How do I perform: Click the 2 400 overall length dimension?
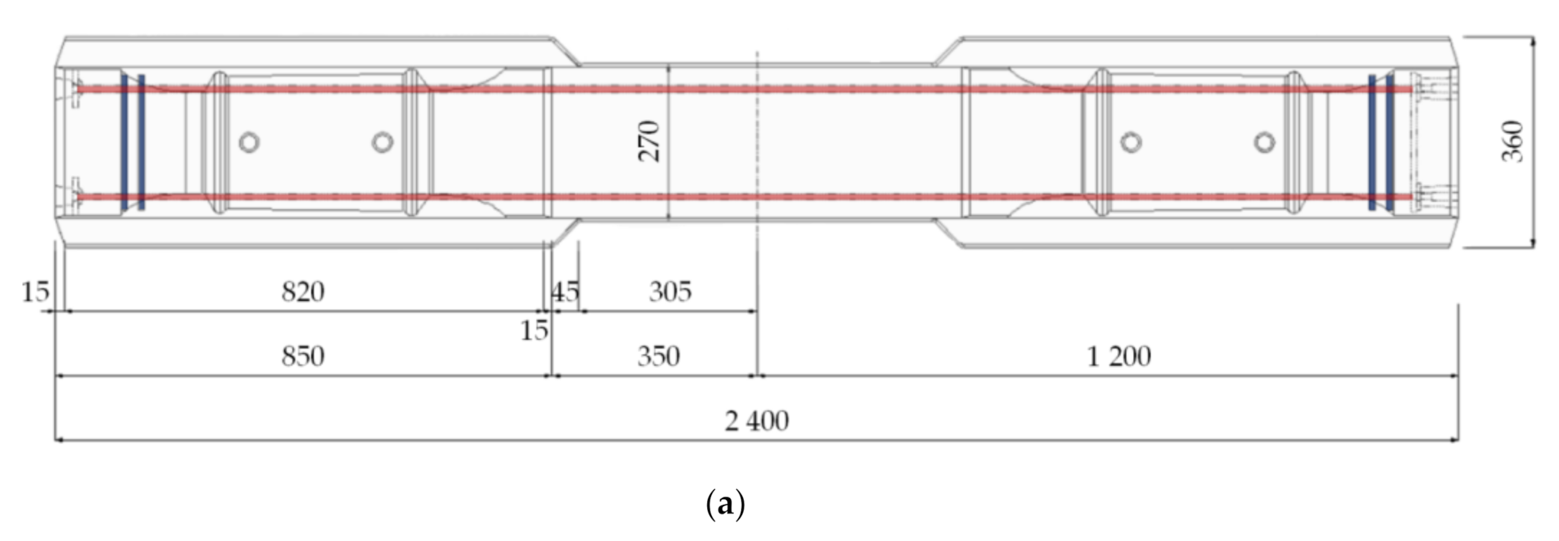(756, 421)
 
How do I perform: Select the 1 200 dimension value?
(1119, 357)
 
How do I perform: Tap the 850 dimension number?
(303, 357)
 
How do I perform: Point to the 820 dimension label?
(303, 292)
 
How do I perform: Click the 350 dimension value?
(659, 357)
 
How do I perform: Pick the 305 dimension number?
(670, 292)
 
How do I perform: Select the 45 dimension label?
(565, 292)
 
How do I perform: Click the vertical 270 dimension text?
(649, 141)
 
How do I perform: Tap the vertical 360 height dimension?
(1512, 141)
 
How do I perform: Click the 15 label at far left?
(35, 292)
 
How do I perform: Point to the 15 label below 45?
(534, 331)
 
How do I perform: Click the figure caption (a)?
(725, 504)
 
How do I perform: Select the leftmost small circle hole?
(249, 143)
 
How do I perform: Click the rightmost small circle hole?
(1265, 143)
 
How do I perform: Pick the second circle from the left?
(382, 143)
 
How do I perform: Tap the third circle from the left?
(1131, 143)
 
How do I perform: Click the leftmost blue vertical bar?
(125, 142)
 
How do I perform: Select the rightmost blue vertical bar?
(1390, 142)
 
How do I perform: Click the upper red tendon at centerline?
(757, 89)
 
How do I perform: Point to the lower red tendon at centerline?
(757, 197)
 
